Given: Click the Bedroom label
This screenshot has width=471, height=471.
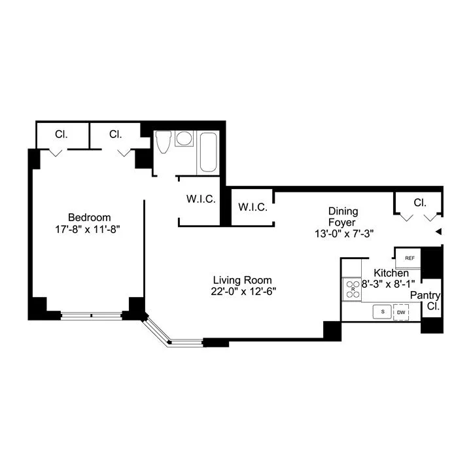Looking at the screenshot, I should pyautogui.click(x=90, y=217).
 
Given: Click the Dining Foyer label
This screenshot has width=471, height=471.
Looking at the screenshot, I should pyautogui.click(x=343, y=217).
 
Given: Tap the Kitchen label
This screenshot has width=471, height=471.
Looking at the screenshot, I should pyautogui.click(x=391, y=273).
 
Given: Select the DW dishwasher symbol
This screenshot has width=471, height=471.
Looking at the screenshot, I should pyautogui.click(x=401, y=313).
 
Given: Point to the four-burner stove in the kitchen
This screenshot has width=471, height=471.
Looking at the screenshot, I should pyautogui.click(x=353, y=288).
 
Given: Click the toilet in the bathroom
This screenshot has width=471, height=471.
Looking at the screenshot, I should pyautogui.click(x=164, y=142).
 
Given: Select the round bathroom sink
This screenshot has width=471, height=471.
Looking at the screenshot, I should pyautogui.click(x=185, y=139).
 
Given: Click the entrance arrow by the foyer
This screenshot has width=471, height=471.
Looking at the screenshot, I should pyautogui.click(x=439, y=232).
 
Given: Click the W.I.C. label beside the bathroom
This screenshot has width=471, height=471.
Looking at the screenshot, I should pyautogui.click(x=199, y=199).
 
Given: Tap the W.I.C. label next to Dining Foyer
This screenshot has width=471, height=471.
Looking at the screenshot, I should pyautogui.click(x=252, y=207).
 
